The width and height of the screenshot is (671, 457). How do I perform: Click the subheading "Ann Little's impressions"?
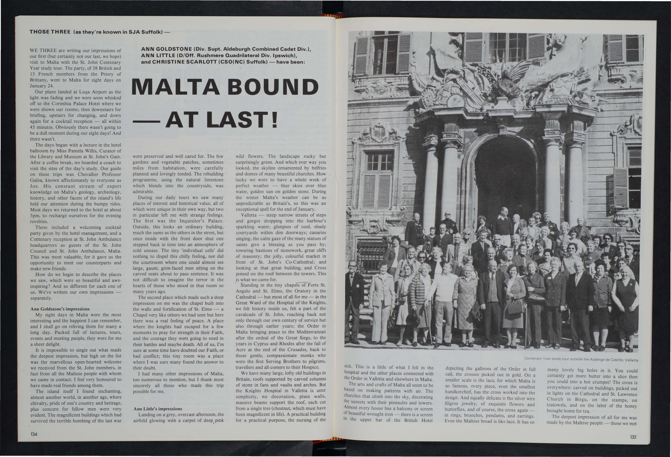coord(158,409)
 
